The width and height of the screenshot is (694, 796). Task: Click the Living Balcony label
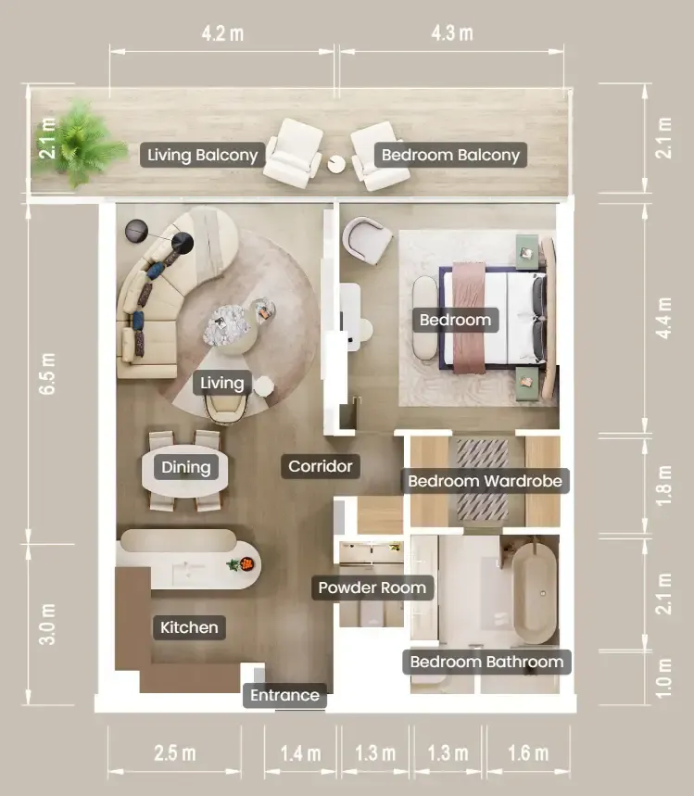(202, 155)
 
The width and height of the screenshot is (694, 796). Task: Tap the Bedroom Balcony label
(451, 155)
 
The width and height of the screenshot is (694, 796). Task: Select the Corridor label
(321, 466)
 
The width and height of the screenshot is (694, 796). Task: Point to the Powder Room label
(372, 588)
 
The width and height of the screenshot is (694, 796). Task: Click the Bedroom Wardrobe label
(485, 481)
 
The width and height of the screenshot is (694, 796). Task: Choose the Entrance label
(284, 695)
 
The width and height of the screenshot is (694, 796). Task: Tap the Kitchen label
(189, 627)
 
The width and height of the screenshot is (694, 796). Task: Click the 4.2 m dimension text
(222, 33)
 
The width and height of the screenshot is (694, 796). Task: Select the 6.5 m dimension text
(47, 373)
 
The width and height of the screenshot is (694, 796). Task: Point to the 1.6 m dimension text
(528, 753)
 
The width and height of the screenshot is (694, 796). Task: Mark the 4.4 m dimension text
(663, 318)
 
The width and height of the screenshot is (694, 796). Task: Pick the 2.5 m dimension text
(174, 753)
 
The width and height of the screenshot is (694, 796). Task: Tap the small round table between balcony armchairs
(336, 164)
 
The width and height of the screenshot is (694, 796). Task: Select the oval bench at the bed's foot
(425, 318)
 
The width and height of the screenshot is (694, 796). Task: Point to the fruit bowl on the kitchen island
(247, 563)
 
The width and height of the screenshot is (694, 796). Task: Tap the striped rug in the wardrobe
(483, 480)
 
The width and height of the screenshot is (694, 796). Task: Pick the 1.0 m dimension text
(663, 678)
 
